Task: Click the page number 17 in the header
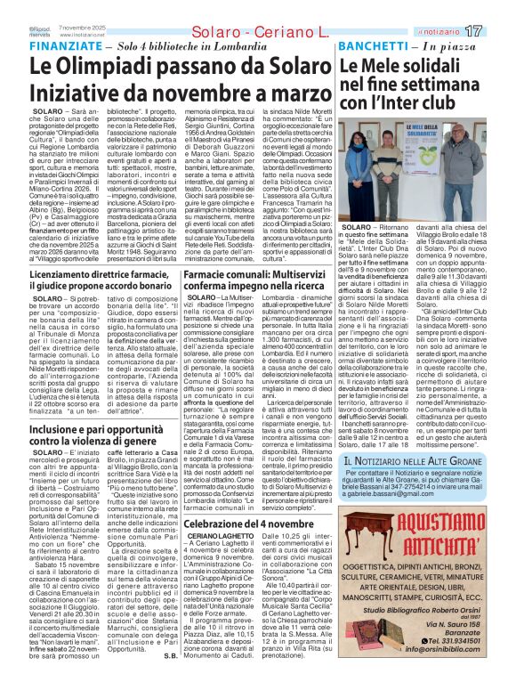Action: click(x=497, y=31)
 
